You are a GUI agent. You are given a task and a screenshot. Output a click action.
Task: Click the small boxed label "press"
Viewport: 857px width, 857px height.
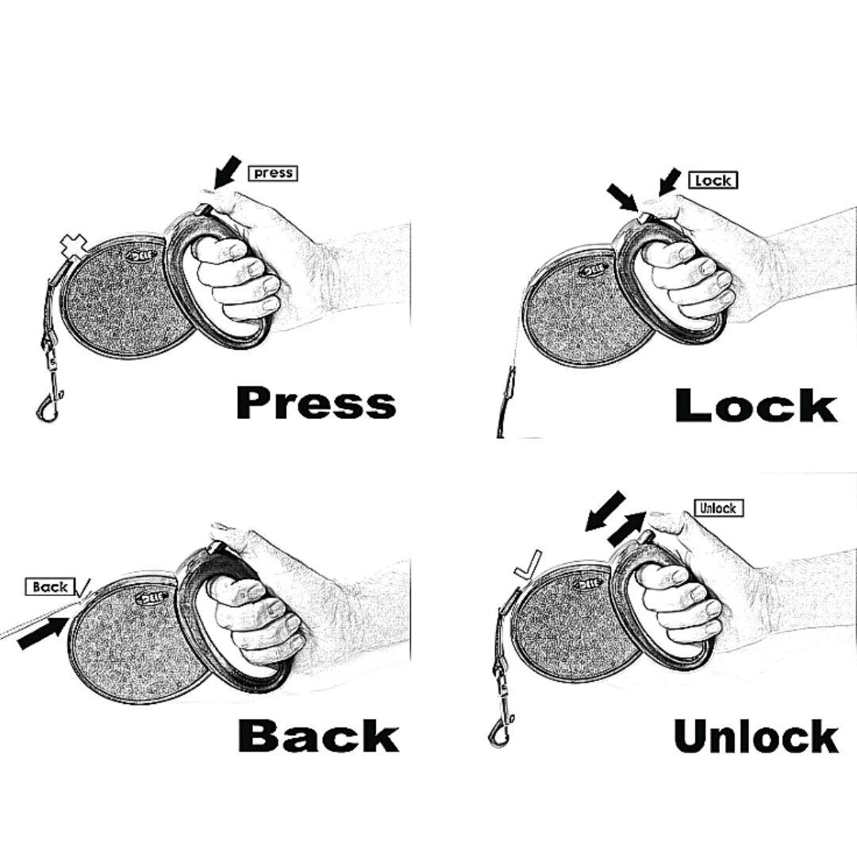pyautogui.click(x=273, y=172)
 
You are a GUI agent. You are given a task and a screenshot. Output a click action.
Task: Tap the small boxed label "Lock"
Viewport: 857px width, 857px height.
pyautogui.click(x=712, y=180)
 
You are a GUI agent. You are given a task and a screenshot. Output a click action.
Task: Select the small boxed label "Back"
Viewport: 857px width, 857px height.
pyautogui.click(x=51, y=587)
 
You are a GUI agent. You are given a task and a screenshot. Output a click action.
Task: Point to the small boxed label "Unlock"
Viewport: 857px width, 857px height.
pyautogui.click(x=718, y=508)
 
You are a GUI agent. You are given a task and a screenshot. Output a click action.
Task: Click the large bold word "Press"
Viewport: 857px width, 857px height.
pyautogui.click(x=315, y=402)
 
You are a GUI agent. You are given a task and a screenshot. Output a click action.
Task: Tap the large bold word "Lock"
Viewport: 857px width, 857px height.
pyautogui.click(x=755, y=405)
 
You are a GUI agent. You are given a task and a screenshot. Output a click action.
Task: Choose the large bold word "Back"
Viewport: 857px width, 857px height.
pyautogui.click(x=317, y=736)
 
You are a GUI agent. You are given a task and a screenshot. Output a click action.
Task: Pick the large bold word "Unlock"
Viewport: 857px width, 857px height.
pyautogui.click(x=755, y=737)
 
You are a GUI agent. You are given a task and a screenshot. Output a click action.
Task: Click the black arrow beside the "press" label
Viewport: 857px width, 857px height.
pyautogui.click(x=227, y=172)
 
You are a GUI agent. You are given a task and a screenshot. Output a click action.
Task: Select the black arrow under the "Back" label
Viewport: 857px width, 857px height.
pyautogui.click(x=42, y=632)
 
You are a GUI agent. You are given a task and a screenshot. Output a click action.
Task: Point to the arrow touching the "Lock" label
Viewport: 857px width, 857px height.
pyautogui.click(x=669, y=182)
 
